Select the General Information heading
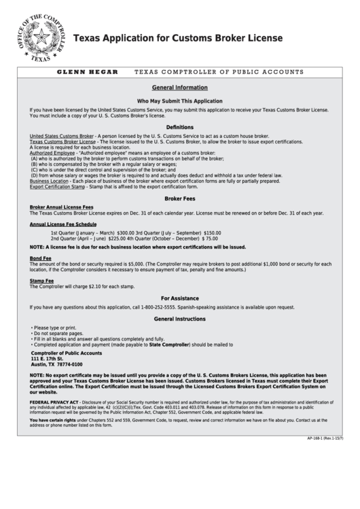(180, 88)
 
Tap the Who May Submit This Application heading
(180, 101)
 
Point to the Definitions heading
(180, 127)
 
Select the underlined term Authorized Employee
(52, 153)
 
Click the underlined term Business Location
(49, 181)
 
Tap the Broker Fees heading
(180, 199)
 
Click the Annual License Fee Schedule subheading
(62, 224)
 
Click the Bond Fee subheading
(40, 258)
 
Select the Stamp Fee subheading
(41, 280)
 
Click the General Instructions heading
(180, 319)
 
